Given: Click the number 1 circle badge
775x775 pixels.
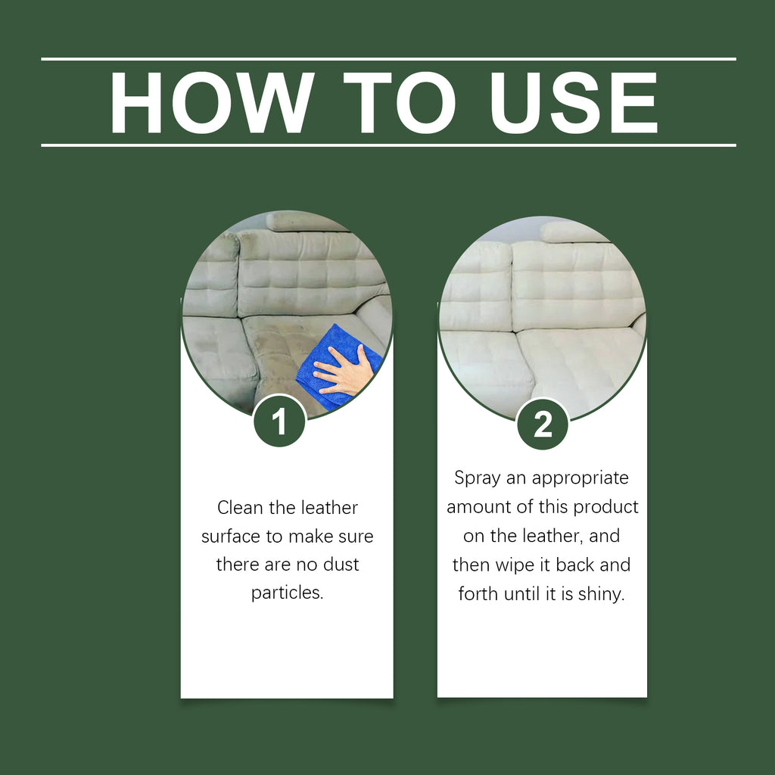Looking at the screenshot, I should pos(279,422).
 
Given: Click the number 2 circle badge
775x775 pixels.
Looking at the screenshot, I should pos(543,425).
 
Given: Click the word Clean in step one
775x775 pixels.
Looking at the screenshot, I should pos(239,507).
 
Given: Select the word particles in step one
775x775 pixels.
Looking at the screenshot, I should pos(287,593).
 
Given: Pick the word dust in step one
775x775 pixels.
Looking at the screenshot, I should pos(341,565).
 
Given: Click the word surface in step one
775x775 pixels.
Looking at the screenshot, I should pos(229,536).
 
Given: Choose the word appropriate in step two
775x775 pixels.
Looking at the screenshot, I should pos(580,478).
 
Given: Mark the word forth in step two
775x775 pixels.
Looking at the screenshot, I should pos(478,593).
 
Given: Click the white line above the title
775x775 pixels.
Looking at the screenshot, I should pos(388,58).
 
